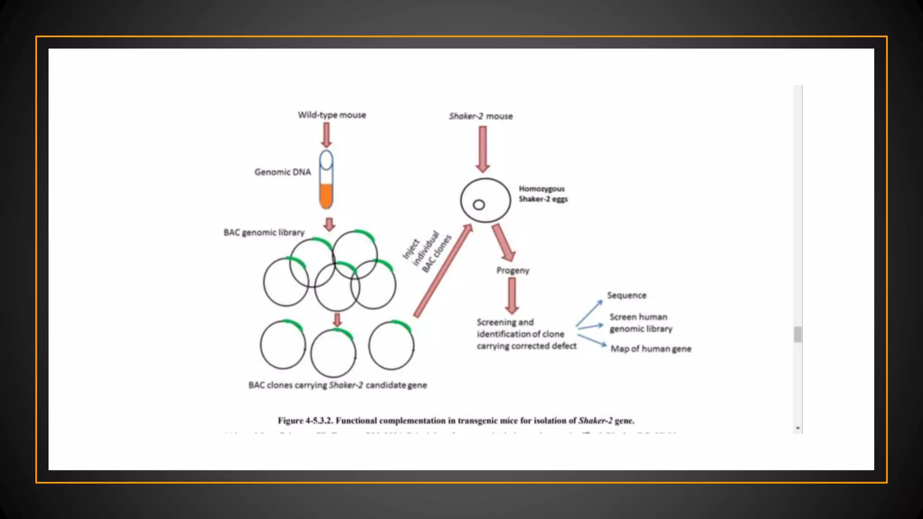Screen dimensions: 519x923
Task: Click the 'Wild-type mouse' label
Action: [332, 115]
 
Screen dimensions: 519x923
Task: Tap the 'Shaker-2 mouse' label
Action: [480, 116]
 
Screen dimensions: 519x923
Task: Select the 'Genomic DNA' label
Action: [283, 172]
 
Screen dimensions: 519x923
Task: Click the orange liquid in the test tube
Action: [326, 196]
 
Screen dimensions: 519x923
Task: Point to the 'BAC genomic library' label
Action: [264, 232]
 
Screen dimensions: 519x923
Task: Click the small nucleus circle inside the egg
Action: [479, 205]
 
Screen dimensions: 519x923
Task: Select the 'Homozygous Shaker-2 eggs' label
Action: [543, 194]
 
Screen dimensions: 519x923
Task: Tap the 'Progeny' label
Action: [513, 270]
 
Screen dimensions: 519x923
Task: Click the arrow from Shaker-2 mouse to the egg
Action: [483, 149]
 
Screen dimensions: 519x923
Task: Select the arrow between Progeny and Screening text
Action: [512, 296]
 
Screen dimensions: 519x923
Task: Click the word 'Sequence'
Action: [626, 296]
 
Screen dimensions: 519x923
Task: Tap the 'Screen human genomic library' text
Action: [640, 323]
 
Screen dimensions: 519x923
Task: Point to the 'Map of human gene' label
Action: [651, 349]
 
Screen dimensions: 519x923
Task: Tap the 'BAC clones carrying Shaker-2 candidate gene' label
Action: [338, 385]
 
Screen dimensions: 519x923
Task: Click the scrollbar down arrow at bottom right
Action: [798, 428]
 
